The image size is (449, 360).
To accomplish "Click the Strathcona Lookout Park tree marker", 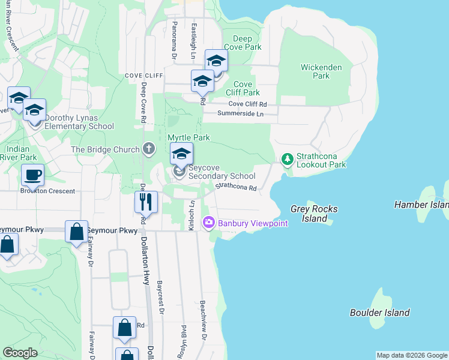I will (288, 159).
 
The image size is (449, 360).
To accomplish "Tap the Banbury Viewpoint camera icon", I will (209, 223).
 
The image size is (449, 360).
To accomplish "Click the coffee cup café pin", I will (32, 175).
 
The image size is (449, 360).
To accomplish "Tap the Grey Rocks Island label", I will (314, 214).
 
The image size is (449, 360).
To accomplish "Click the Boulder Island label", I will (380, 313).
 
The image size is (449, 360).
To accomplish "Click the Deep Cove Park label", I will (243, 43).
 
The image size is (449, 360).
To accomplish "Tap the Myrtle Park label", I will (188, 137).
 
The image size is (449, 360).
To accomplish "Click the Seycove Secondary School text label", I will (221, 172).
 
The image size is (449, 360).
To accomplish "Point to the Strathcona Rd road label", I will (237, 187).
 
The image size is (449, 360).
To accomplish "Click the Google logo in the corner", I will (20, 353).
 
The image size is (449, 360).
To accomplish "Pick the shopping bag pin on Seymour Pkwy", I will (77, 231).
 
